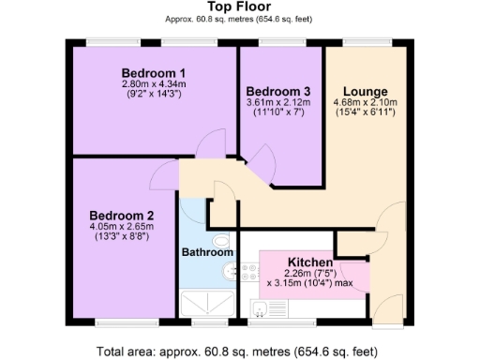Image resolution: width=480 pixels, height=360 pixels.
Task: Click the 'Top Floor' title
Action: pyautogui.click(x=239, y=6)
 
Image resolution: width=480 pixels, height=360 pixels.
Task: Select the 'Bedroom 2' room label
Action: pyautogui.click(x=122, y=215)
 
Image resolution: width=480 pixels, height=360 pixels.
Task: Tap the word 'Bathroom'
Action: pyautogui.click(x=206, y=252)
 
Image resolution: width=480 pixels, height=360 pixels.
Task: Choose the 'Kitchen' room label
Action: pyautogui.click(x=310, y=262)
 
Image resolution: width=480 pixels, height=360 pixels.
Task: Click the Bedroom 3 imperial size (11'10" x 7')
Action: pyautogui.click(x=277, y=113)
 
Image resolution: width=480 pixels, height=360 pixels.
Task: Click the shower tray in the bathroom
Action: pyautogui.click(x=205, y=303)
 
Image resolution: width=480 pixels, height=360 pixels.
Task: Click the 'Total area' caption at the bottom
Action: pyautogui.click(x=239, y=352)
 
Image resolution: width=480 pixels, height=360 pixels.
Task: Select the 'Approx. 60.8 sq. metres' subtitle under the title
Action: pyautogui.click(x=239, y=19)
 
